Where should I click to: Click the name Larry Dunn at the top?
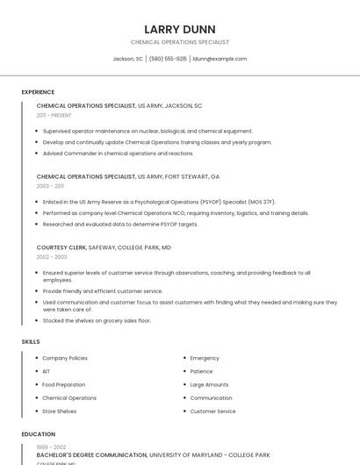point(180,29)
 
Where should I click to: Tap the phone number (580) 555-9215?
point(168,59)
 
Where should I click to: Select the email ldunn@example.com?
point(220,59)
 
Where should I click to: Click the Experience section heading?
point(38,92)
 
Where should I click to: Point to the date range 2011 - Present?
point(54,115)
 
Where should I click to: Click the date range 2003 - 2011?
point(50,186)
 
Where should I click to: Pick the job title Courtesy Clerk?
point(61,247)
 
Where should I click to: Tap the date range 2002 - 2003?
point(52,257)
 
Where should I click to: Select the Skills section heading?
point(31,341)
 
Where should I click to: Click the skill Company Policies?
point(65,358)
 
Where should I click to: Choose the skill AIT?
point(47,371)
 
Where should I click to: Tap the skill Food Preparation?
point(64,384)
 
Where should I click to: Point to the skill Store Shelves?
point(60,411)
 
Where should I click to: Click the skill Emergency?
point(205,358)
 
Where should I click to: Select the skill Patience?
point(201,371)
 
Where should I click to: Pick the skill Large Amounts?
point(209,384)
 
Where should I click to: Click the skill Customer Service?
point(212,411)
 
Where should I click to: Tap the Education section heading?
point(38,434)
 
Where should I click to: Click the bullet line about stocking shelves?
point(97,321)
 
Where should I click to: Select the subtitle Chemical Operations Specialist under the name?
point(180,42)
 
